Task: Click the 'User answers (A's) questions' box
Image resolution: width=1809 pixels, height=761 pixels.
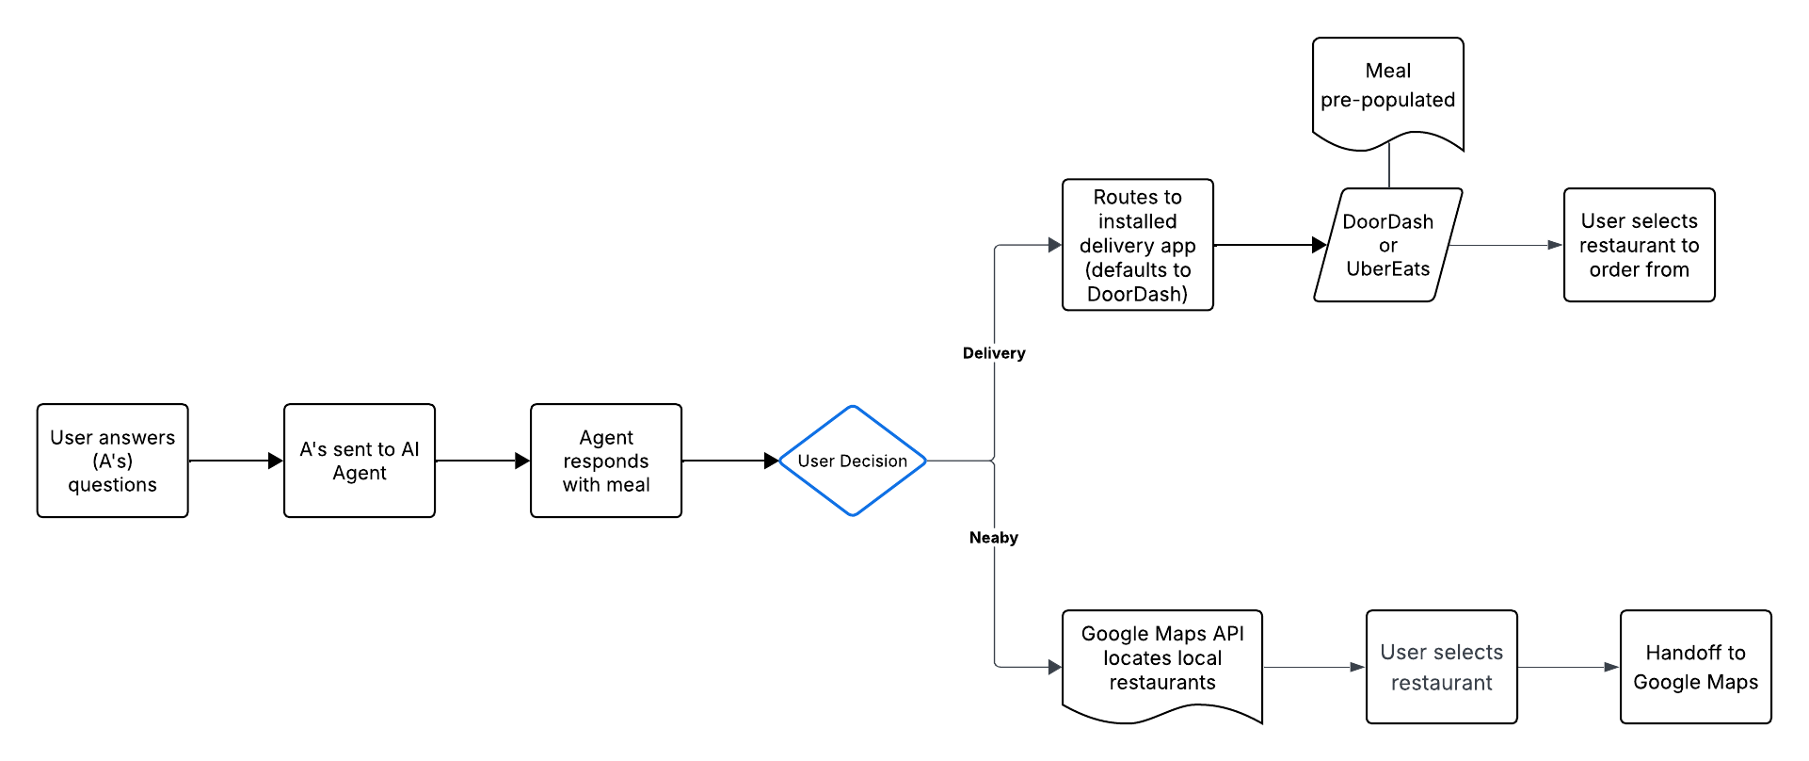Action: (x=112, y=461)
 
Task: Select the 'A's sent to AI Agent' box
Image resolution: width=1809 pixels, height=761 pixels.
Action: (x=359, y=461)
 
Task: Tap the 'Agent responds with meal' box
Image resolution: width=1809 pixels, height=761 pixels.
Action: (x=605, y=461)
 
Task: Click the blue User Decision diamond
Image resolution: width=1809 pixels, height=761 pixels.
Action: (x=852, y=461)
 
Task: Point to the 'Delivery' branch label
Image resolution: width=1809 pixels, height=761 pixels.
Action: (x=994, y=353)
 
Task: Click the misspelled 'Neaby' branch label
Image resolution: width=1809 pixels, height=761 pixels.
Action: (x=994, y=538)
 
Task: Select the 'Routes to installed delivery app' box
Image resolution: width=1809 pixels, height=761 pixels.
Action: (x=1137, y=245)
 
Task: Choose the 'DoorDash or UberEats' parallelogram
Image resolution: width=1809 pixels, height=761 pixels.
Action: (x=1387, y=245)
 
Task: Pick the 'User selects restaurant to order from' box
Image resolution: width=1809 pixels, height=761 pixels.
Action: (x=1639, y=245)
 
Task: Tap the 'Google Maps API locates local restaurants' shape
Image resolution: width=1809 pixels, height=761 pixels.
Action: (x=1161, y=659)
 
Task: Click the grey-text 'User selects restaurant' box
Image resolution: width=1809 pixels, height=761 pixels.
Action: (x=1441, y=667)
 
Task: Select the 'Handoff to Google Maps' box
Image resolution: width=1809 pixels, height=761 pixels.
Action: (x=1695, y=667)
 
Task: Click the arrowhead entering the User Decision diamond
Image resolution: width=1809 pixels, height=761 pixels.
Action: (x=771, y=461)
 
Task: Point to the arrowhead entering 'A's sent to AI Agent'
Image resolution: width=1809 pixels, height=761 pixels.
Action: (x=276, y=461)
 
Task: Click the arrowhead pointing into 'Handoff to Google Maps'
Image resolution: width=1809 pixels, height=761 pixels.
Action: (x=1611, y=667)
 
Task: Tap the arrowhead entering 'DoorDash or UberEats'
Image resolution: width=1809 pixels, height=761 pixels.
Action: (x=1319, y=245)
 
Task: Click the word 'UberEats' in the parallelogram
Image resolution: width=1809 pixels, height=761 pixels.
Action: (x=1387, y=269)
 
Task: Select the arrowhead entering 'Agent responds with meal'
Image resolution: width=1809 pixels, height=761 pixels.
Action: (x=522, y=461)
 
